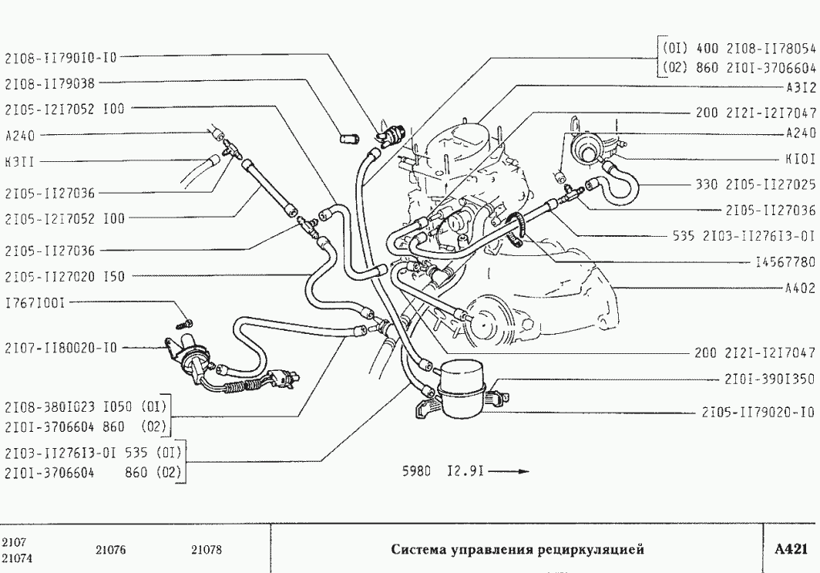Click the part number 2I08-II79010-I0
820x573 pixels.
point(61,57)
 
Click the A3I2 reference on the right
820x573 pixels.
point(801,87)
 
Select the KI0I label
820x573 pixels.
point(801,159)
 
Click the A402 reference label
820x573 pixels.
point(801,289)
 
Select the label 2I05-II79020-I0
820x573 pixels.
point(758,411)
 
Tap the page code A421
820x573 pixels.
point(790,550)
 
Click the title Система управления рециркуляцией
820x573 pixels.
point(516,550)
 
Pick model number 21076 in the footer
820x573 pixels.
point(111,550)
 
